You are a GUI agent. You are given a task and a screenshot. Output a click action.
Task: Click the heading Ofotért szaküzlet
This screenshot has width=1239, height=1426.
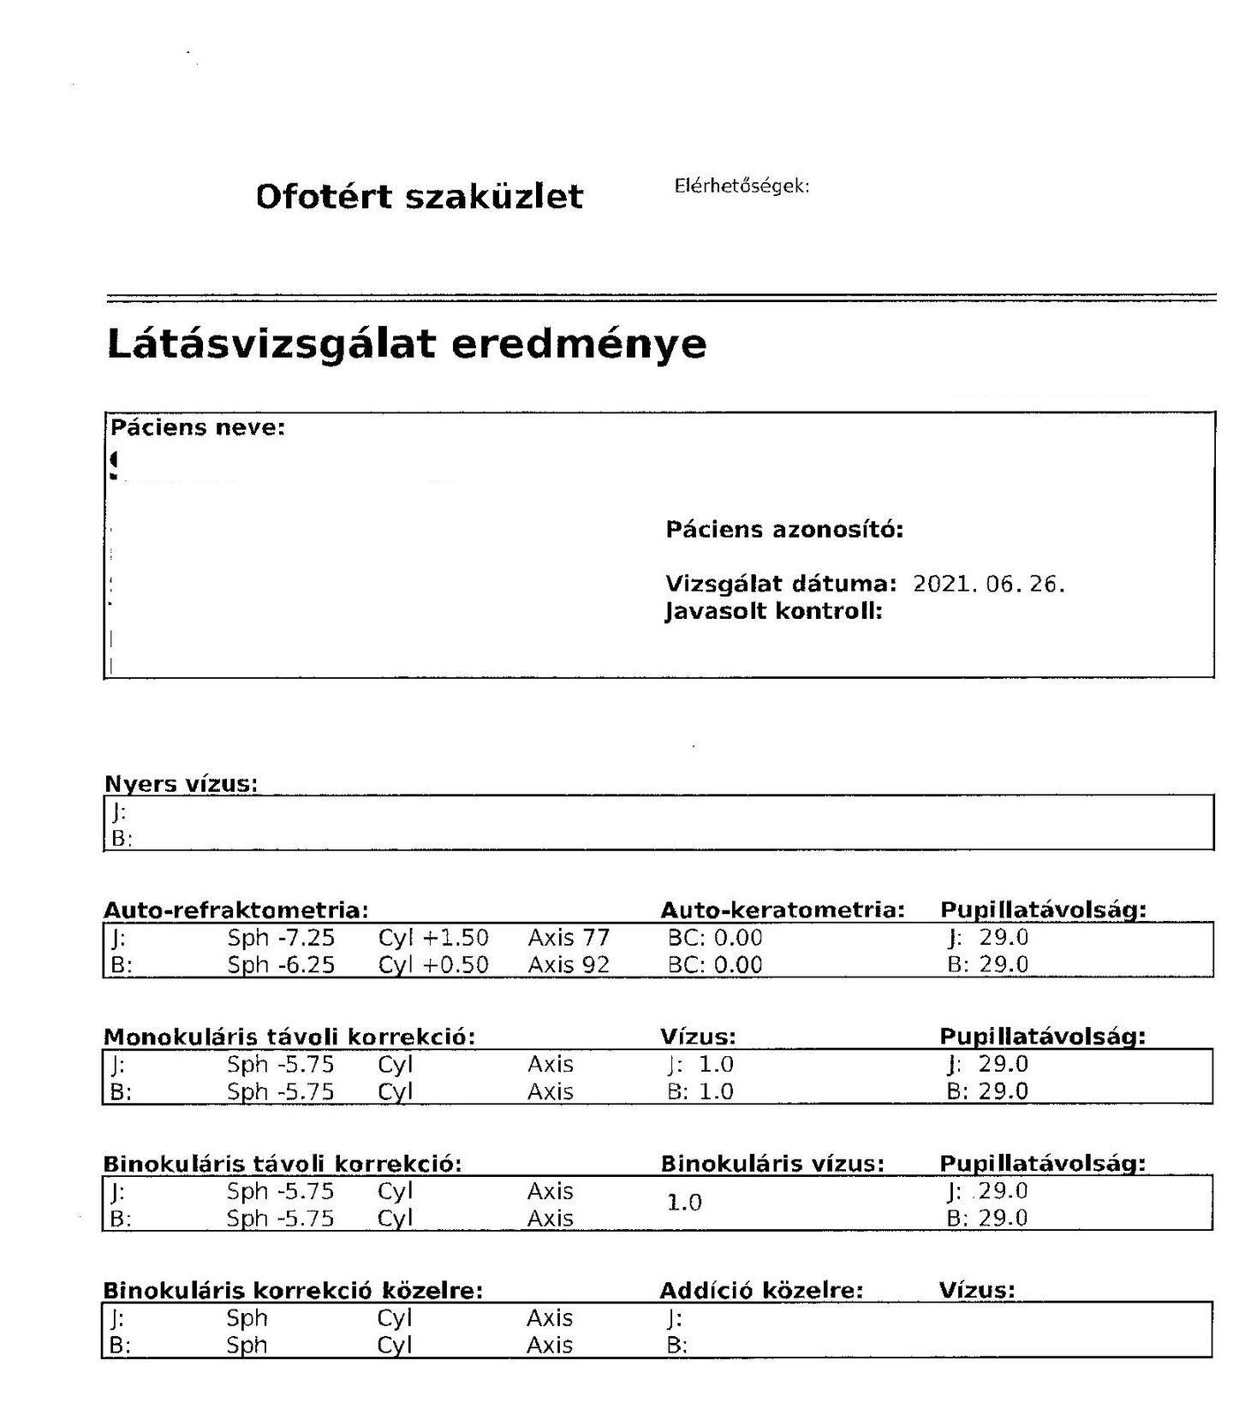[x=419, y=197]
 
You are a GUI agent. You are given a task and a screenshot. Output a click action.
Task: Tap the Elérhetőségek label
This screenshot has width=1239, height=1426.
[x=742, y=186]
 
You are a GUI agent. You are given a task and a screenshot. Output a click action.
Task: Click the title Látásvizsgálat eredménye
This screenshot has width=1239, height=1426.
[x=407, y=344]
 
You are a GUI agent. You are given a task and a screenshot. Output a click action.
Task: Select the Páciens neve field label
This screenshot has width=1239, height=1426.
[x=198, y=427]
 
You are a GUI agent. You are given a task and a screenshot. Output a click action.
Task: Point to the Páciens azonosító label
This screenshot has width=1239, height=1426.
[x=784, y=530]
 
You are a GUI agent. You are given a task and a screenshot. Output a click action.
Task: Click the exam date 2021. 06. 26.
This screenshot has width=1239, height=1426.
[x=988, y=585]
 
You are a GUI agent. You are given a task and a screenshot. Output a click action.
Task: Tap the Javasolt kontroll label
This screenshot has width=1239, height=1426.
[x=773, y=611]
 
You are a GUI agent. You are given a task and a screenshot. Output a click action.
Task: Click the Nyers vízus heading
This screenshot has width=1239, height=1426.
[x=181, y=783]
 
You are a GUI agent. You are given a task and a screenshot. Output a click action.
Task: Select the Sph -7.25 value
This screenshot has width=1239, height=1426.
[x=281, y=937]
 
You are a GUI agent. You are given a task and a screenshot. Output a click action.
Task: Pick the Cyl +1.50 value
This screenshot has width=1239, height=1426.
[x=433, y=937]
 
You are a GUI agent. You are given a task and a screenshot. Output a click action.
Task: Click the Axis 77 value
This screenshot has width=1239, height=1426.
[x=569, y=937]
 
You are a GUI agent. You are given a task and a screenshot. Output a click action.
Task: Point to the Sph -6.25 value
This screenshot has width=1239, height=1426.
[x=281, y=965]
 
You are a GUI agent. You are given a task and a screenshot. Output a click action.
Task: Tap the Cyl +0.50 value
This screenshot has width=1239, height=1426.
[x=433, y=965]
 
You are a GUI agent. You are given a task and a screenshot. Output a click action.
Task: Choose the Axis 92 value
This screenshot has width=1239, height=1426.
[x=569, y=965]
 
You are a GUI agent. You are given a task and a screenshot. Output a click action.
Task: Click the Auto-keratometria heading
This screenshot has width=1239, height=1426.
[x=783, y=910]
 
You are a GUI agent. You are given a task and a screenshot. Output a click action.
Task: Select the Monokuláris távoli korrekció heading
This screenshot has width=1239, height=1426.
[x=289, y=1037]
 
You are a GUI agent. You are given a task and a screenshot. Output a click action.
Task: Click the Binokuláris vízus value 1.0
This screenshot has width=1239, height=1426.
[x=684, y=1203]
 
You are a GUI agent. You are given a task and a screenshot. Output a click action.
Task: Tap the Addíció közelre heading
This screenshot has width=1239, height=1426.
[x=761, y=1290]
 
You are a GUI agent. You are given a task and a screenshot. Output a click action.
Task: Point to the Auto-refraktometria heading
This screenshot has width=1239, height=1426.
[x=236, y=910]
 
